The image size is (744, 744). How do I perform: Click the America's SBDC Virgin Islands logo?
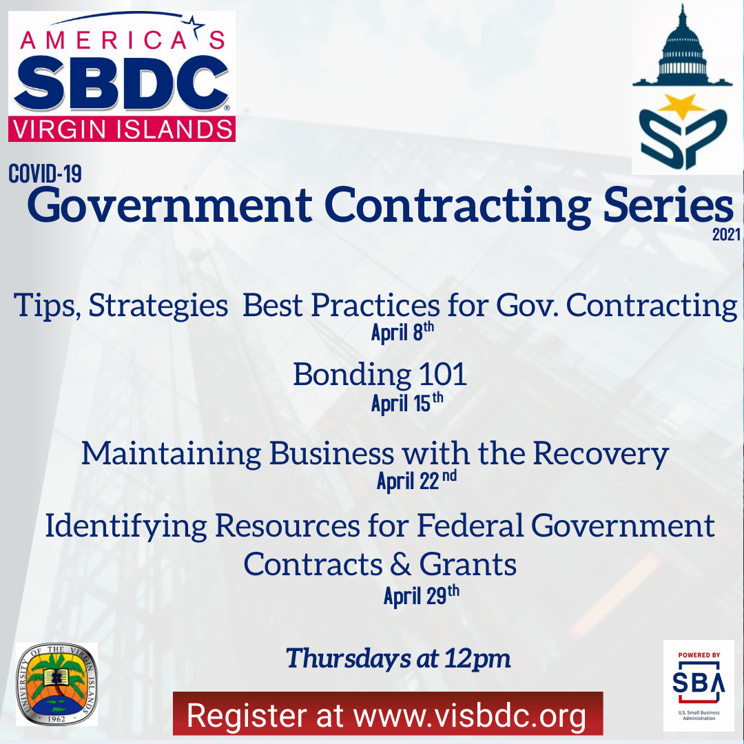coord(122,76)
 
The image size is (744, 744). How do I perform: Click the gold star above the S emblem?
coord(682,106)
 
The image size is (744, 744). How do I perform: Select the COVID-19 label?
coord(45,174)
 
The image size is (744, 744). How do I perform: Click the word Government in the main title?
coord(170,205)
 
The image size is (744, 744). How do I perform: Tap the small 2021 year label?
coord(726,234)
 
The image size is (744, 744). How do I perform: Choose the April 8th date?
coord(402,331)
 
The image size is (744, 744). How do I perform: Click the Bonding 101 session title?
coord(380,374)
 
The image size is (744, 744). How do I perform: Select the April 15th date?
coord(407,403)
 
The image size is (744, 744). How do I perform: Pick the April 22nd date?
coord(417,480)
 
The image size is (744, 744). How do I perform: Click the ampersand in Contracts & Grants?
coord(400,565)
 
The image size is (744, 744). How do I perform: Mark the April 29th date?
coord(422,595)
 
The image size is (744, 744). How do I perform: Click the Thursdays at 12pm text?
coord(398,659)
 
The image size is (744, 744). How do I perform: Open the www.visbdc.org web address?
coord(469,716)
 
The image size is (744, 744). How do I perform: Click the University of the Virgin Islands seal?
coord(57,684)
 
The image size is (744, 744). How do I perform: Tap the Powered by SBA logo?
coord(699,685)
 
